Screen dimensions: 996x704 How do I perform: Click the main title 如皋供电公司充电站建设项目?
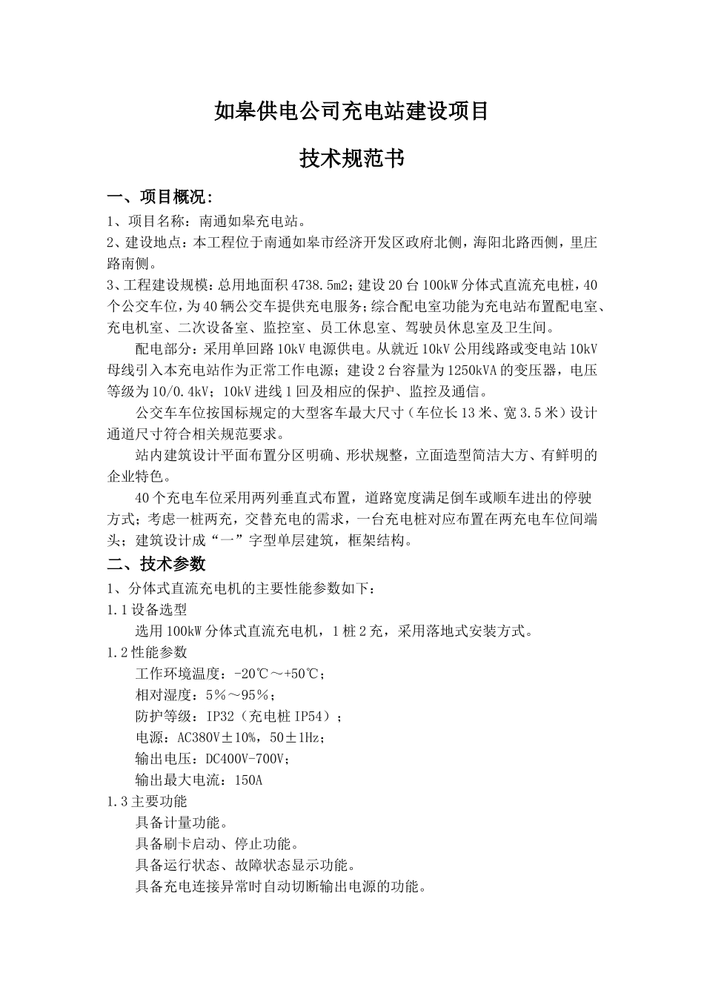[x=351, y=112]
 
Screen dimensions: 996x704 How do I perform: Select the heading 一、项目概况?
[x=160, y=198]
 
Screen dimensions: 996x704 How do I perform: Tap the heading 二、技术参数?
[x=156, y=564]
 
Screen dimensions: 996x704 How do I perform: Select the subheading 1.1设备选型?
[x=147, y=610]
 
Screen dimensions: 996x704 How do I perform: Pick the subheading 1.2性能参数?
[x=147, y=652]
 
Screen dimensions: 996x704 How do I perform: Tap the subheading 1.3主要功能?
[x=147, y=801]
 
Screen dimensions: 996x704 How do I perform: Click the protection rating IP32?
[x=223, y=717]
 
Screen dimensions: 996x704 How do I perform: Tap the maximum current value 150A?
[x=248, y=780]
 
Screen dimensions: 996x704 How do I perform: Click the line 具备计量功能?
[x=181, y=823]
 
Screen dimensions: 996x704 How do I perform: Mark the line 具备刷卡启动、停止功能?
[x=217, y=844]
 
